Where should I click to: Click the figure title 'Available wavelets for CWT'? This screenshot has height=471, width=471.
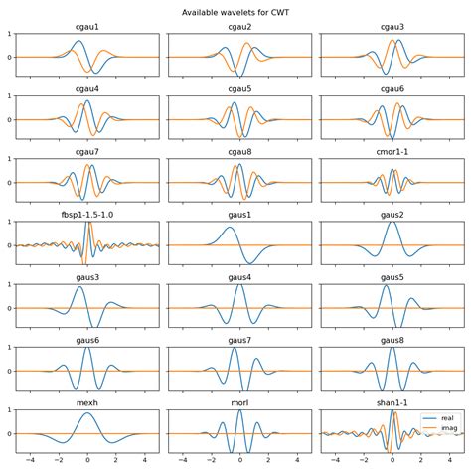(x=235, y=13)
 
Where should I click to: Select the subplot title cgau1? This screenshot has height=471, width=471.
(x=87, y=28)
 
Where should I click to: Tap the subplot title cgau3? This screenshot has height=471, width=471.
(x=392, y=28)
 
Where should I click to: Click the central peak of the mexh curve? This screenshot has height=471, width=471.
(x=87, y=413)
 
